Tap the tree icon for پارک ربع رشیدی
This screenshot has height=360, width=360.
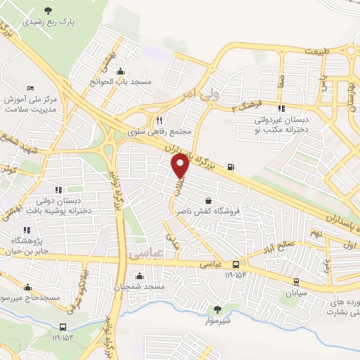(x=48, y=10)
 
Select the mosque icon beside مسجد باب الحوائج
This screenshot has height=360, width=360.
(x=122, y=71)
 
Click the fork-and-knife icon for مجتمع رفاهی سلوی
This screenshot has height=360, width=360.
(x=160, y=120)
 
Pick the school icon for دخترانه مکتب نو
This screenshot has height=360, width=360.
(x=281, y=109)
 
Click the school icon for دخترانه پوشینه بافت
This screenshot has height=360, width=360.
(x=58, y=189)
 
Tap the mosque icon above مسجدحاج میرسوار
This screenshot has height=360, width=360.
(x=27, y=287)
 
